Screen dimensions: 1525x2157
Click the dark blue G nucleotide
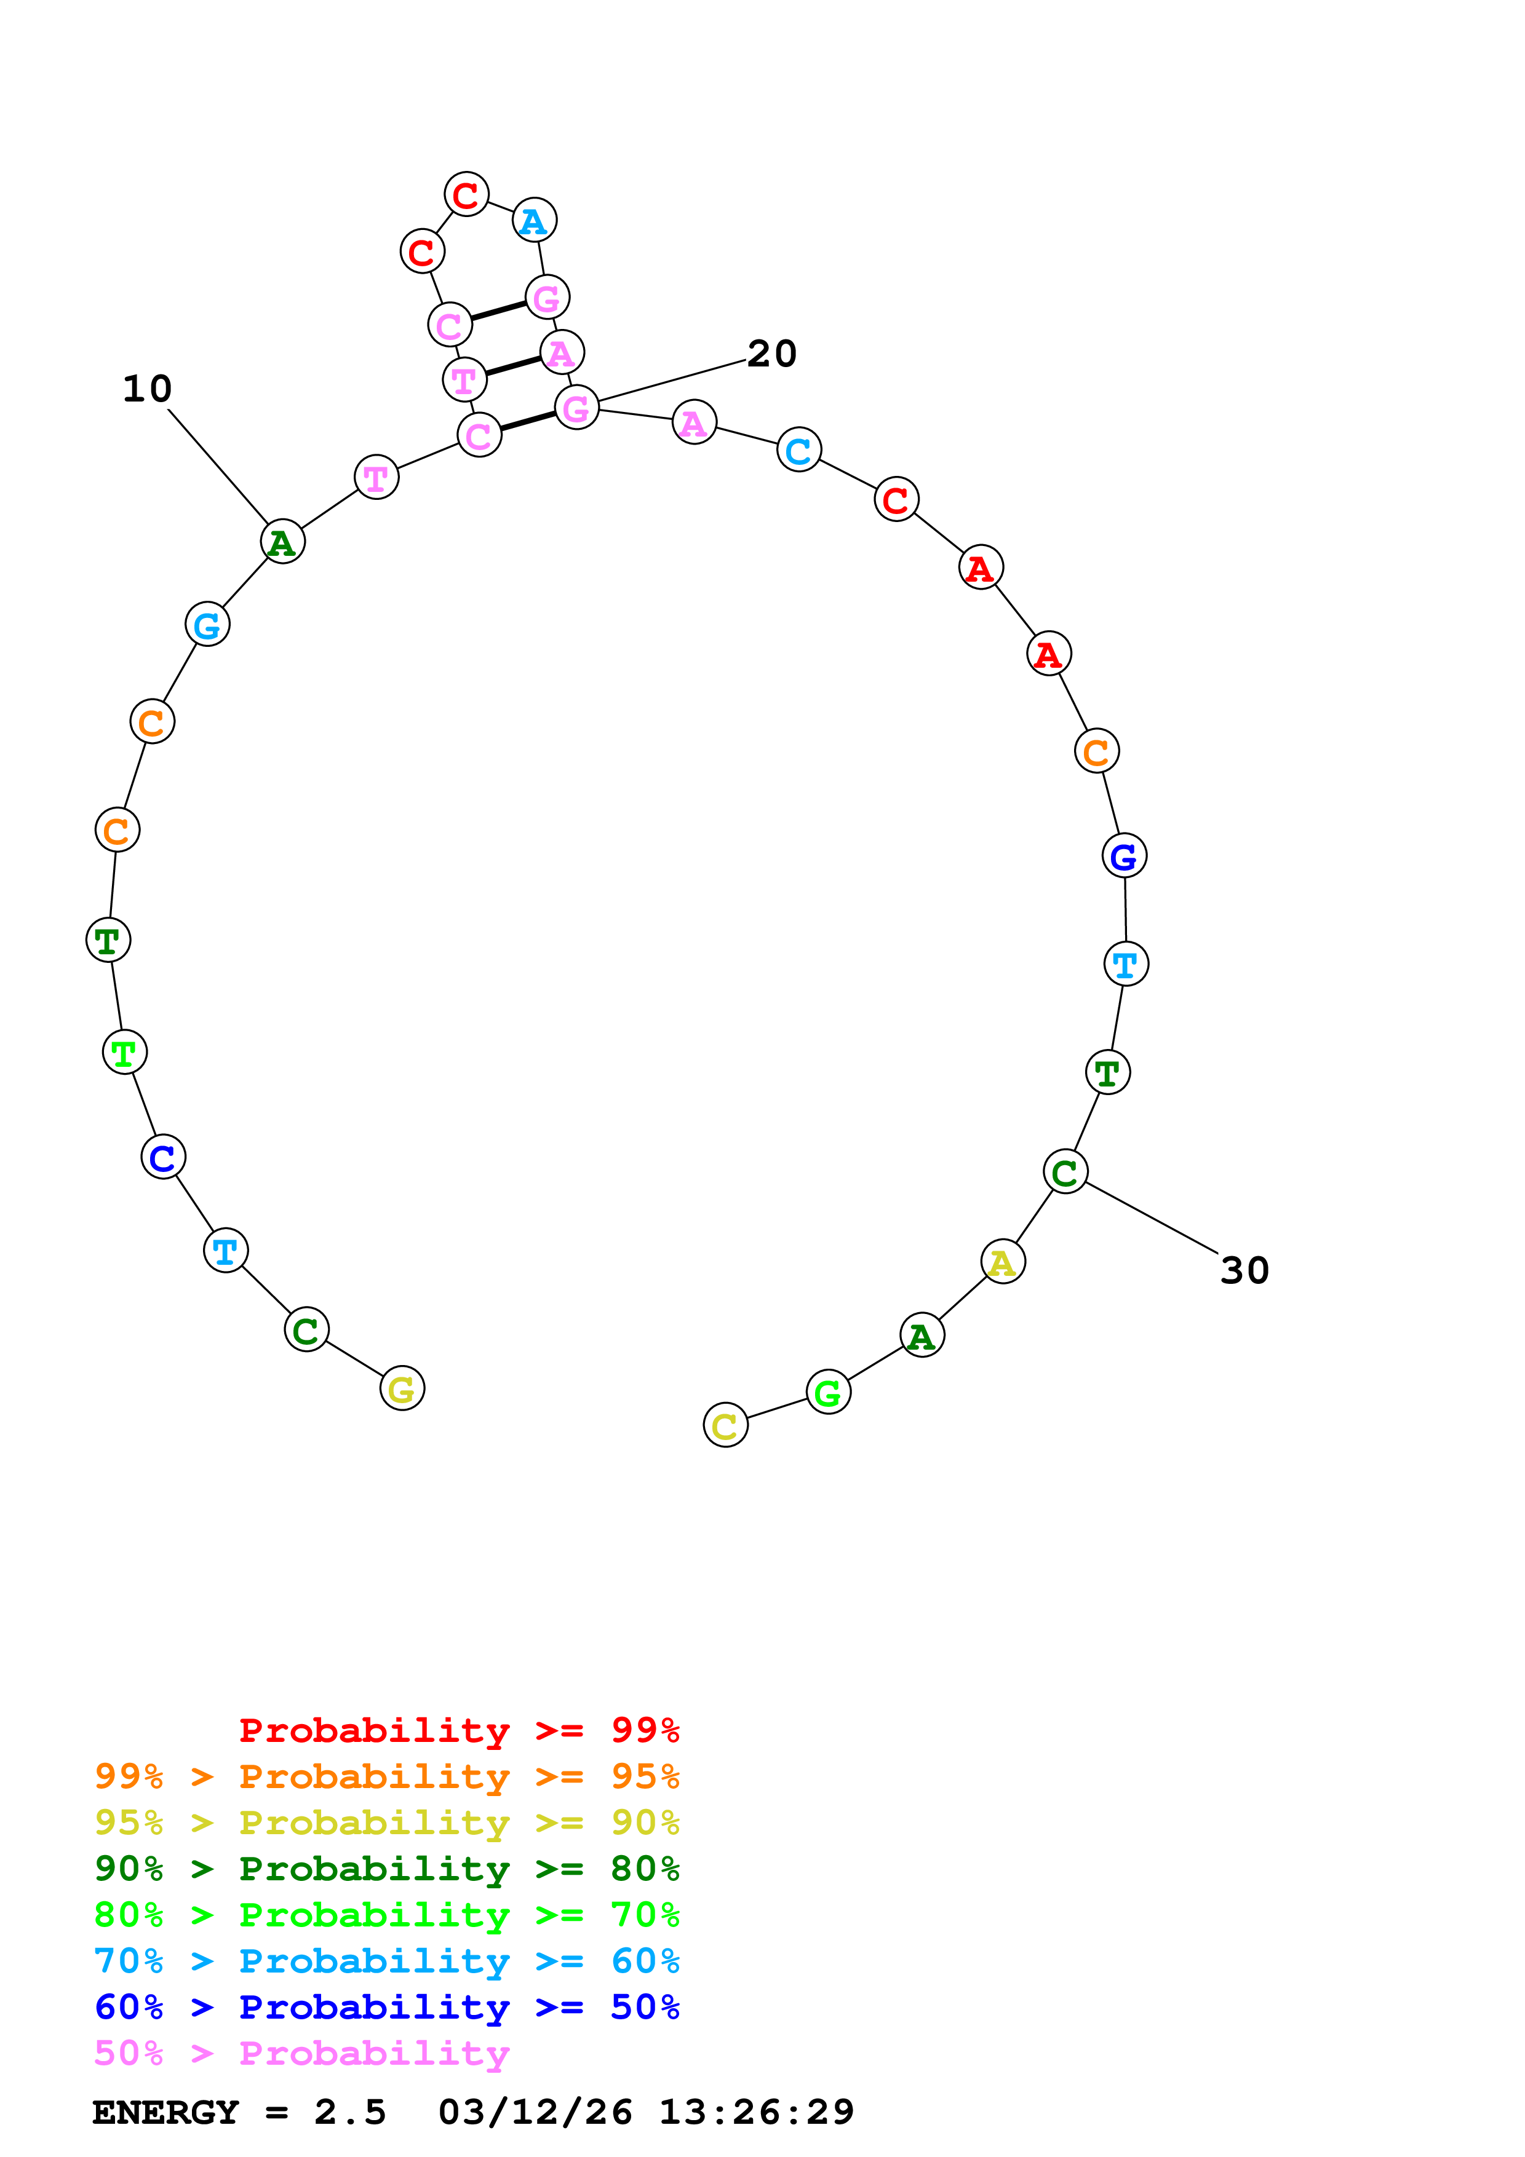1124,856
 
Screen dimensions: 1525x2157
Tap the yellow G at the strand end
402,1388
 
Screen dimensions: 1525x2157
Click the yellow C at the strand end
725,1425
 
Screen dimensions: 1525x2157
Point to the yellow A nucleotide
1003,1262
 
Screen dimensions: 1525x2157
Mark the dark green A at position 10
282,542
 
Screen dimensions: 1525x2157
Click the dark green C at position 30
1065,1173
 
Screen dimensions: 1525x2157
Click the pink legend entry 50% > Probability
301,2054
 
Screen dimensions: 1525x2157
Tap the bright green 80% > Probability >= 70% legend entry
386,1915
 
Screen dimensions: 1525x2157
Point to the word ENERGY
165,2113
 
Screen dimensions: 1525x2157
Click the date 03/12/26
535,2113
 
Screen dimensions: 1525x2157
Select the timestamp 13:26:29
757,2113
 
